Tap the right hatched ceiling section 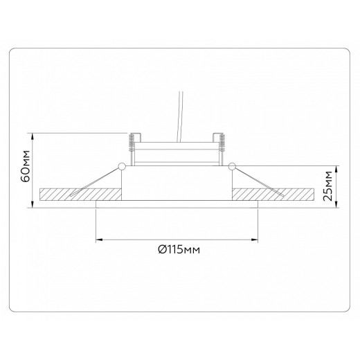tap(277, 195)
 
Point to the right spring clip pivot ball tap(234, 165)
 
